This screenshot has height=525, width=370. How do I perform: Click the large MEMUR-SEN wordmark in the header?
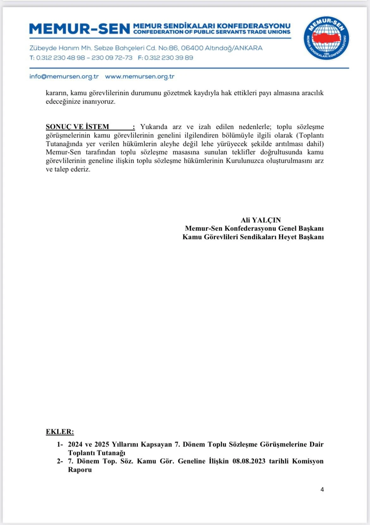[x=80, y=29]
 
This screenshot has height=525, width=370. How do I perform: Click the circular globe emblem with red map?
[x=326, y=38]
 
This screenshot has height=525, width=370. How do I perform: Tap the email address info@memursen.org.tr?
[x=64, y=77]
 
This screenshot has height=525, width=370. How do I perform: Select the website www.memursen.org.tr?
[x=140, y=77]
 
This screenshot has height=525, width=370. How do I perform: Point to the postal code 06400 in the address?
[x=192, y=48]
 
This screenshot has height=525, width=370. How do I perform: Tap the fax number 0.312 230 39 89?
[x=169, y=58]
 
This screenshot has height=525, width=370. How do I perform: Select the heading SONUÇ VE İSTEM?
[x=77, y=127]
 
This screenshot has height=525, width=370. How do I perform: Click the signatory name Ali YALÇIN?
[x=261, y=220]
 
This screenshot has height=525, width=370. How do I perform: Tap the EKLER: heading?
[x=60, y=432]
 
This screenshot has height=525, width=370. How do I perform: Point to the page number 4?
[x=322, y=490]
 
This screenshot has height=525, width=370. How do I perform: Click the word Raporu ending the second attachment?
[x=80, y=470]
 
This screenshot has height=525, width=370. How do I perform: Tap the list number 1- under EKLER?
[x=60, y=444]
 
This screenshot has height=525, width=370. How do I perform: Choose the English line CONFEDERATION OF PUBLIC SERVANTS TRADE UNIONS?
[x=212, y=32]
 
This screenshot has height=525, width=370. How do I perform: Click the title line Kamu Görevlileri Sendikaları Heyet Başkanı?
[x=253, y=237]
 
